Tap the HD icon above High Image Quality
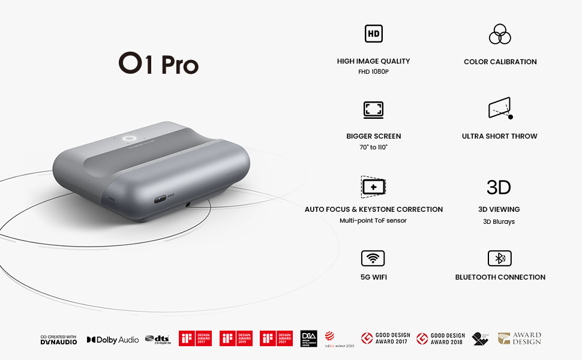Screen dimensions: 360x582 pos(373,34)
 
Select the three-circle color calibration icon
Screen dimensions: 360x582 pos(499,34)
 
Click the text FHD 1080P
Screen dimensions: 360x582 pos(373,72)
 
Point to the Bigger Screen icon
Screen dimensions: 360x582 pos(373,110)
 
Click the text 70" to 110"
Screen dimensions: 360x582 pos(373,147)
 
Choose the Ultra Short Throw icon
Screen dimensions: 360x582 pos(500,109)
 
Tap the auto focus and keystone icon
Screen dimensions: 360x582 pos(373,187)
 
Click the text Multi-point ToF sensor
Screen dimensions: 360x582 pos(373,221)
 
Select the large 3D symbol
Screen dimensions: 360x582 pos(499,187)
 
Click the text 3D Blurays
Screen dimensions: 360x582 pos(499,221)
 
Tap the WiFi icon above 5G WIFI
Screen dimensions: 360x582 pos(373,259)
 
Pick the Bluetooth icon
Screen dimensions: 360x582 pos(499,259)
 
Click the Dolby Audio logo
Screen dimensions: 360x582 pos(113,340)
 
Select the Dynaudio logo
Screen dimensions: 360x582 pos(59,340)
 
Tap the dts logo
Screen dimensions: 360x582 pos(159,340)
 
